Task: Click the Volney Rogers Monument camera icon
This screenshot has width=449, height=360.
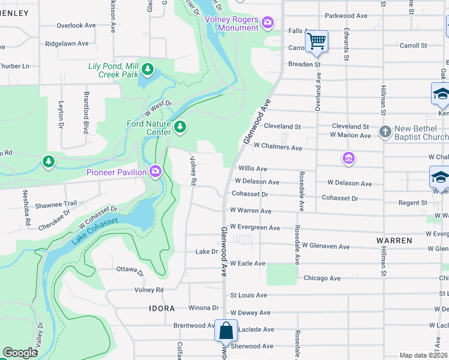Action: pyautogui.click(x=268, y=23)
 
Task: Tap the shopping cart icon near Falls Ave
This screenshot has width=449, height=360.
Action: pyautogui.click(x=316, y=41)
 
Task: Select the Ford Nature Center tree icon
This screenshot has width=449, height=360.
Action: pyautogui.click(x=179, y=127)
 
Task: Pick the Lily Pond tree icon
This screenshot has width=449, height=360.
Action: pyautogui.click(x=147, y=71)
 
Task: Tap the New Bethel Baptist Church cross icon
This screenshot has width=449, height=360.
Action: pyautogui.click(x=385, y=131)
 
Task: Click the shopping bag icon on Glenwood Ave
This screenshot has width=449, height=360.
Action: pyautogui.click(x=226, y=331)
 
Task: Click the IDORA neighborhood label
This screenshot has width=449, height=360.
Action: pyautogui.click(x=162, y=308)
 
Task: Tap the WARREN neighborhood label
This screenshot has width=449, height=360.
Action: pyautogui.click(x=394, y=241)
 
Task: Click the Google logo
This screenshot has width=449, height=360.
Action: pyautogui.click(x=20, y=353)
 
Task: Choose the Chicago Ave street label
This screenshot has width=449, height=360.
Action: pyautogui.click(x=322, y=278)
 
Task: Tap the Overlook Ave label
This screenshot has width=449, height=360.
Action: pyautogui.click(x=76, y=26)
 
